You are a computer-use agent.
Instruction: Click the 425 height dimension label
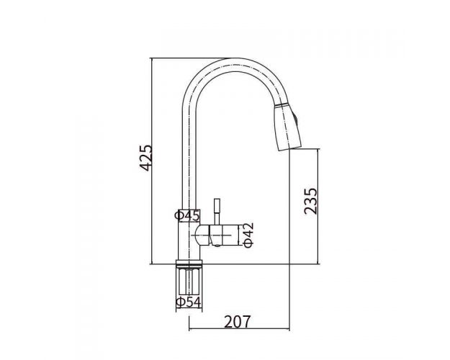click(x=145, y=158)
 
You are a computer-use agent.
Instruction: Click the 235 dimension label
click(x=311, y=201)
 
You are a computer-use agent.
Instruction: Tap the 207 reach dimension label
click(x=237, y=322)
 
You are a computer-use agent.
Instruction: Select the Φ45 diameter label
click(x=187, y=215)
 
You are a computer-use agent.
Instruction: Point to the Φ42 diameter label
click(x=248, y=235)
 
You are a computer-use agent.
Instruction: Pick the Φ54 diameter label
click(x=189, y=302)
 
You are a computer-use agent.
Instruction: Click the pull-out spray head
click(x=287, y=127)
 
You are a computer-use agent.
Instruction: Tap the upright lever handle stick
click(x=217, y=212)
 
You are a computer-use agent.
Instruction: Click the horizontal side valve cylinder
click(x=224, y=235)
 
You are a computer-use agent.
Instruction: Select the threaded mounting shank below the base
click(x=189, y=282)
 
